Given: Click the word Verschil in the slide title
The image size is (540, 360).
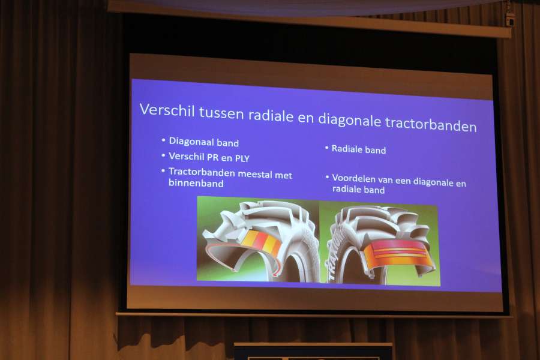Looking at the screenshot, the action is pyautogui.click(x=167, y=110).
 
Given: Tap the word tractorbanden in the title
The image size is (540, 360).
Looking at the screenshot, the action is pyautogui.click(x=430, y=124).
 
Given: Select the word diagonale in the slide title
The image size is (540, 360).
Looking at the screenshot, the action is pyautogui.click(x=349, y=120).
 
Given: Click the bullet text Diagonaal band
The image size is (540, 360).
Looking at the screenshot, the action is pyautogui.click(x=203, y=142).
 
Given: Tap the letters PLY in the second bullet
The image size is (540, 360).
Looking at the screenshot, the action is pyautogui.click(x=242, y=158).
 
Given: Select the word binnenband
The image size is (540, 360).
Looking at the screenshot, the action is pyautogui.click(x=196, y=183).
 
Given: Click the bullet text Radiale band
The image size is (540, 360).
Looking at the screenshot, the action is pyautogui.click(x=359, y=149).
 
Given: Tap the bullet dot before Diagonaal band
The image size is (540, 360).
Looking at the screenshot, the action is pyautogui.click(x=163, y=140).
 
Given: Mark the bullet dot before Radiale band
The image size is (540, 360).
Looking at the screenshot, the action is pyautogui.click(x=326, y=148).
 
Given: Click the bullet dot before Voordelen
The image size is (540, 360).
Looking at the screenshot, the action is pyautogui.click(x=327, y=177).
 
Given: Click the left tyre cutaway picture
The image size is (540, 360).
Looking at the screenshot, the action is pyautogui.click(x=258, y=239).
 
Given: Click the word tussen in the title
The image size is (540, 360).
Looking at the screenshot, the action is pyautogui.click(x=221, y=113).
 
